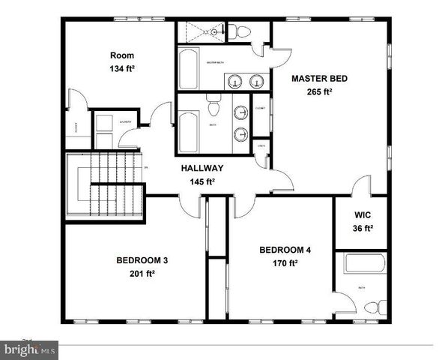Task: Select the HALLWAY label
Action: tap(202, 169)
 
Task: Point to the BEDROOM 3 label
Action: tap(142, 260)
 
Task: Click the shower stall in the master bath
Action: tap(201, 32)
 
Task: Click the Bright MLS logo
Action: tap(30, 349)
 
